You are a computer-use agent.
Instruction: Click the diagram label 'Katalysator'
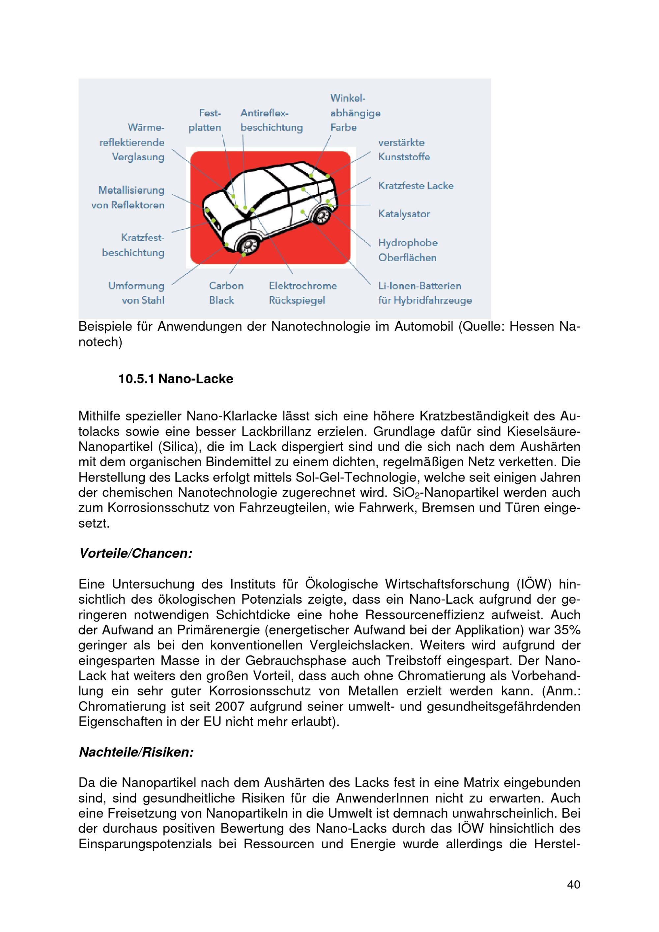404,214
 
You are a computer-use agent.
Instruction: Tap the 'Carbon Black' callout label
226,293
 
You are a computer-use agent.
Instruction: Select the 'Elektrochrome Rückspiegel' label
302,293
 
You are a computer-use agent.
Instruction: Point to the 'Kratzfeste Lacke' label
416,186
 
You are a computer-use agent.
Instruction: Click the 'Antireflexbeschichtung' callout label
271,120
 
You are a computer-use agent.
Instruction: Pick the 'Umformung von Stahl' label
136,293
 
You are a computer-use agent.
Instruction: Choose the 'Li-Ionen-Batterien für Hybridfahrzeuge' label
425,293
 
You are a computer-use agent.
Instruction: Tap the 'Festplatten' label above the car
205,120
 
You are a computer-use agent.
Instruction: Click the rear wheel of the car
323,215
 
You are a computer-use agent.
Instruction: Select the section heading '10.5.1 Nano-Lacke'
176,379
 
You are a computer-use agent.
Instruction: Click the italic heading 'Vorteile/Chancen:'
136,553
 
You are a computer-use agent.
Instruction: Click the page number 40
573,884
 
